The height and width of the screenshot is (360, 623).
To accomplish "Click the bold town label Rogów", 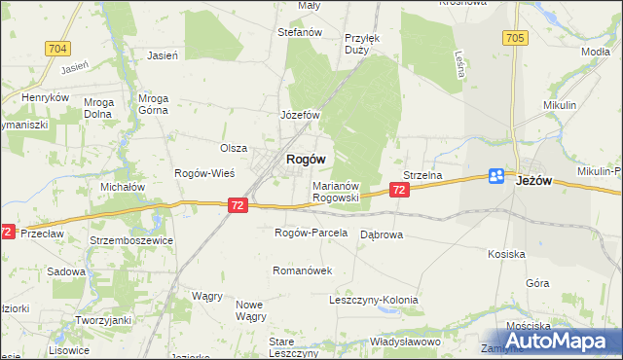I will click(305, 159).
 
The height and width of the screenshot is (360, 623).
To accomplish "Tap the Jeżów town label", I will click(534, 180).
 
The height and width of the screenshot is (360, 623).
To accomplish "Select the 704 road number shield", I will click(57, 47).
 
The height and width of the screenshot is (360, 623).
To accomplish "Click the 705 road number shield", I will click(516, 38).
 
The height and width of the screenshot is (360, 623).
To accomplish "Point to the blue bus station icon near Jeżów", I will click(496, 176).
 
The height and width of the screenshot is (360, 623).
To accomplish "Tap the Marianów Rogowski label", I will click(337, 191).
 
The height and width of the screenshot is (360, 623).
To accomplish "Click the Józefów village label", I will click(301, 115).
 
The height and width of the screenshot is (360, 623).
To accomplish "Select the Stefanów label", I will click(300, 32).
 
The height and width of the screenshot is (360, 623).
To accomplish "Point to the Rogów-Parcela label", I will click(311, 234).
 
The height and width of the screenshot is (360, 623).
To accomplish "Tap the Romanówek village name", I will click(304, 270).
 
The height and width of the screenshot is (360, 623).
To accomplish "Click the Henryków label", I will click(48, 98).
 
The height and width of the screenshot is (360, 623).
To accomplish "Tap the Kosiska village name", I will click(506, 253).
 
